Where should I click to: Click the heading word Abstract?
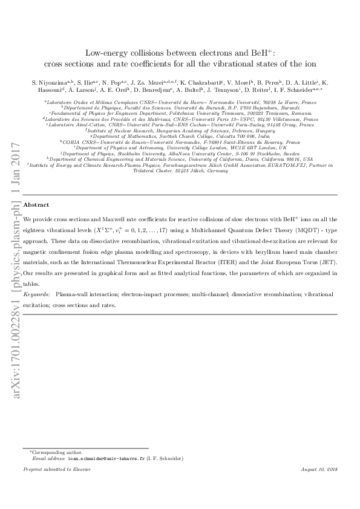click(x=36, y=205)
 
